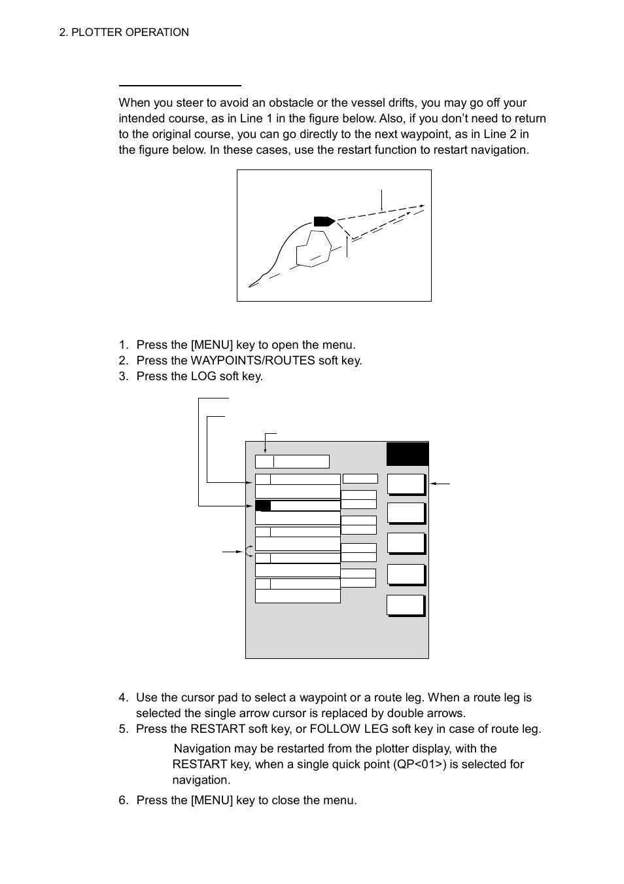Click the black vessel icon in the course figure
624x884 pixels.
(x=324, y=221)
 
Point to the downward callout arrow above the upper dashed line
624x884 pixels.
(x=381, y=200)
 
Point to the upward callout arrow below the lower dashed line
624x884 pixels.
(x=347, y=246)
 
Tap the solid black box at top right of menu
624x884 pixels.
(x=407, y=453)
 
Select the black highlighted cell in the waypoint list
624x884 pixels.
(x=263, y=506)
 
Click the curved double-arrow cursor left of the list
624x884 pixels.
(x=249, y=551)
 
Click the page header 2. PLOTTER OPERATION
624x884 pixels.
(x=124, y=32)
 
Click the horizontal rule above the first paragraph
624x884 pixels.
(x=180, y=86)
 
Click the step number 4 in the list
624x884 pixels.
(x=123, y=698)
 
